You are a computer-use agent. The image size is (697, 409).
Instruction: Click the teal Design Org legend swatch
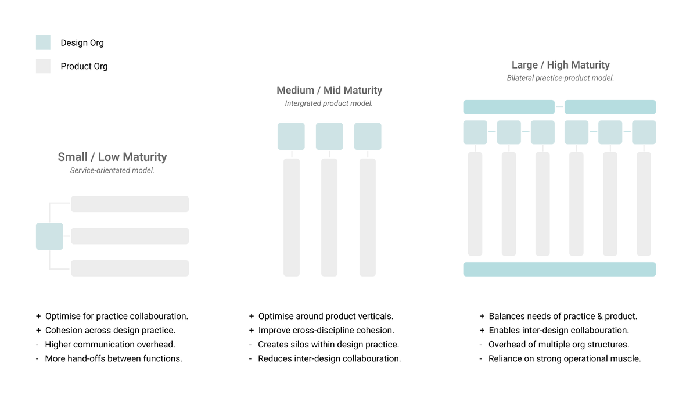coord(43,42)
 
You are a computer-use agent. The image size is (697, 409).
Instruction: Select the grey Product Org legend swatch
coord(43,66)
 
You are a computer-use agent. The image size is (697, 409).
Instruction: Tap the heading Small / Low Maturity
coord(112,157)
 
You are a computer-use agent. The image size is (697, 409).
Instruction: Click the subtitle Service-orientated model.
coord(112,171)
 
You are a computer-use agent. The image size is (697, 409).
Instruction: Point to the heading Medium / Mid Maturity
coord(329,90)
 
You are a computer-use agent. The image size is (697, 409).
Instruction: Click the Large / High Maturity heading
coord(561,65)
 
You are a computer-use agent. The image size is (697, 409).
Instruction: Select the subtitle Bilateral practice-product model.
coord(561,78)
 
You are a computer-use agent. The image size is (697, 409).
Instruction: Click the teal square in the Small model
coord(49,236)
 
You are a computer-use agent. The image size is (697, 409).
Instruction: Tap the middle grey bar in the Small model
coord(130,236)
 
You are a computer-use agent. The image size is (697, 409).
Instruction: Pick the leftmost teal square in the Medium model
coord(291,137)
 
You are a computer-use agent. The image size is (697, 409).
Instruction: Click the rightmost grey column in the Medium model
coord(368,217)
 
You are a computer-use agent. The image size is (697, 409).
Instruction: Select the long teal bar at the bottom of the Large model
coord(559,269)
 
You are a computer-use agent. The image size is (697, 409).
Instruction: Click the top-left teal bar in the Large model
coord(509,107)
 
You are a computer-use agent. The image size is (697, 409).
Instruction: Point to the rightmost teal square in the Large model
coord(644,132)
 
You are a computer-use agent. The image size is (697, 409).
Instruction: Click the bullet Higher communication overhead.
coord(110,345)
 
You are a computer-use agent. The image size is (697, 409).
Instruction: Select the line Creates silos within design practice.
coord(328,345)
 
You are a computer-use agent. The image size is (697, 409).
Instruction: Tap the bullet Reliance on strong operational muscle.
coord(565,358)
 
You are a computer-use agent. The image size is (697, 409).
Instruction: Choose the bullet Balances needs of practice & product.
coord(563,316)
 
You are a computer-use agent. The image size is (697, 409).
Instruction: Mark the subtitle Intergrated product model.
coord(329,103)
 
